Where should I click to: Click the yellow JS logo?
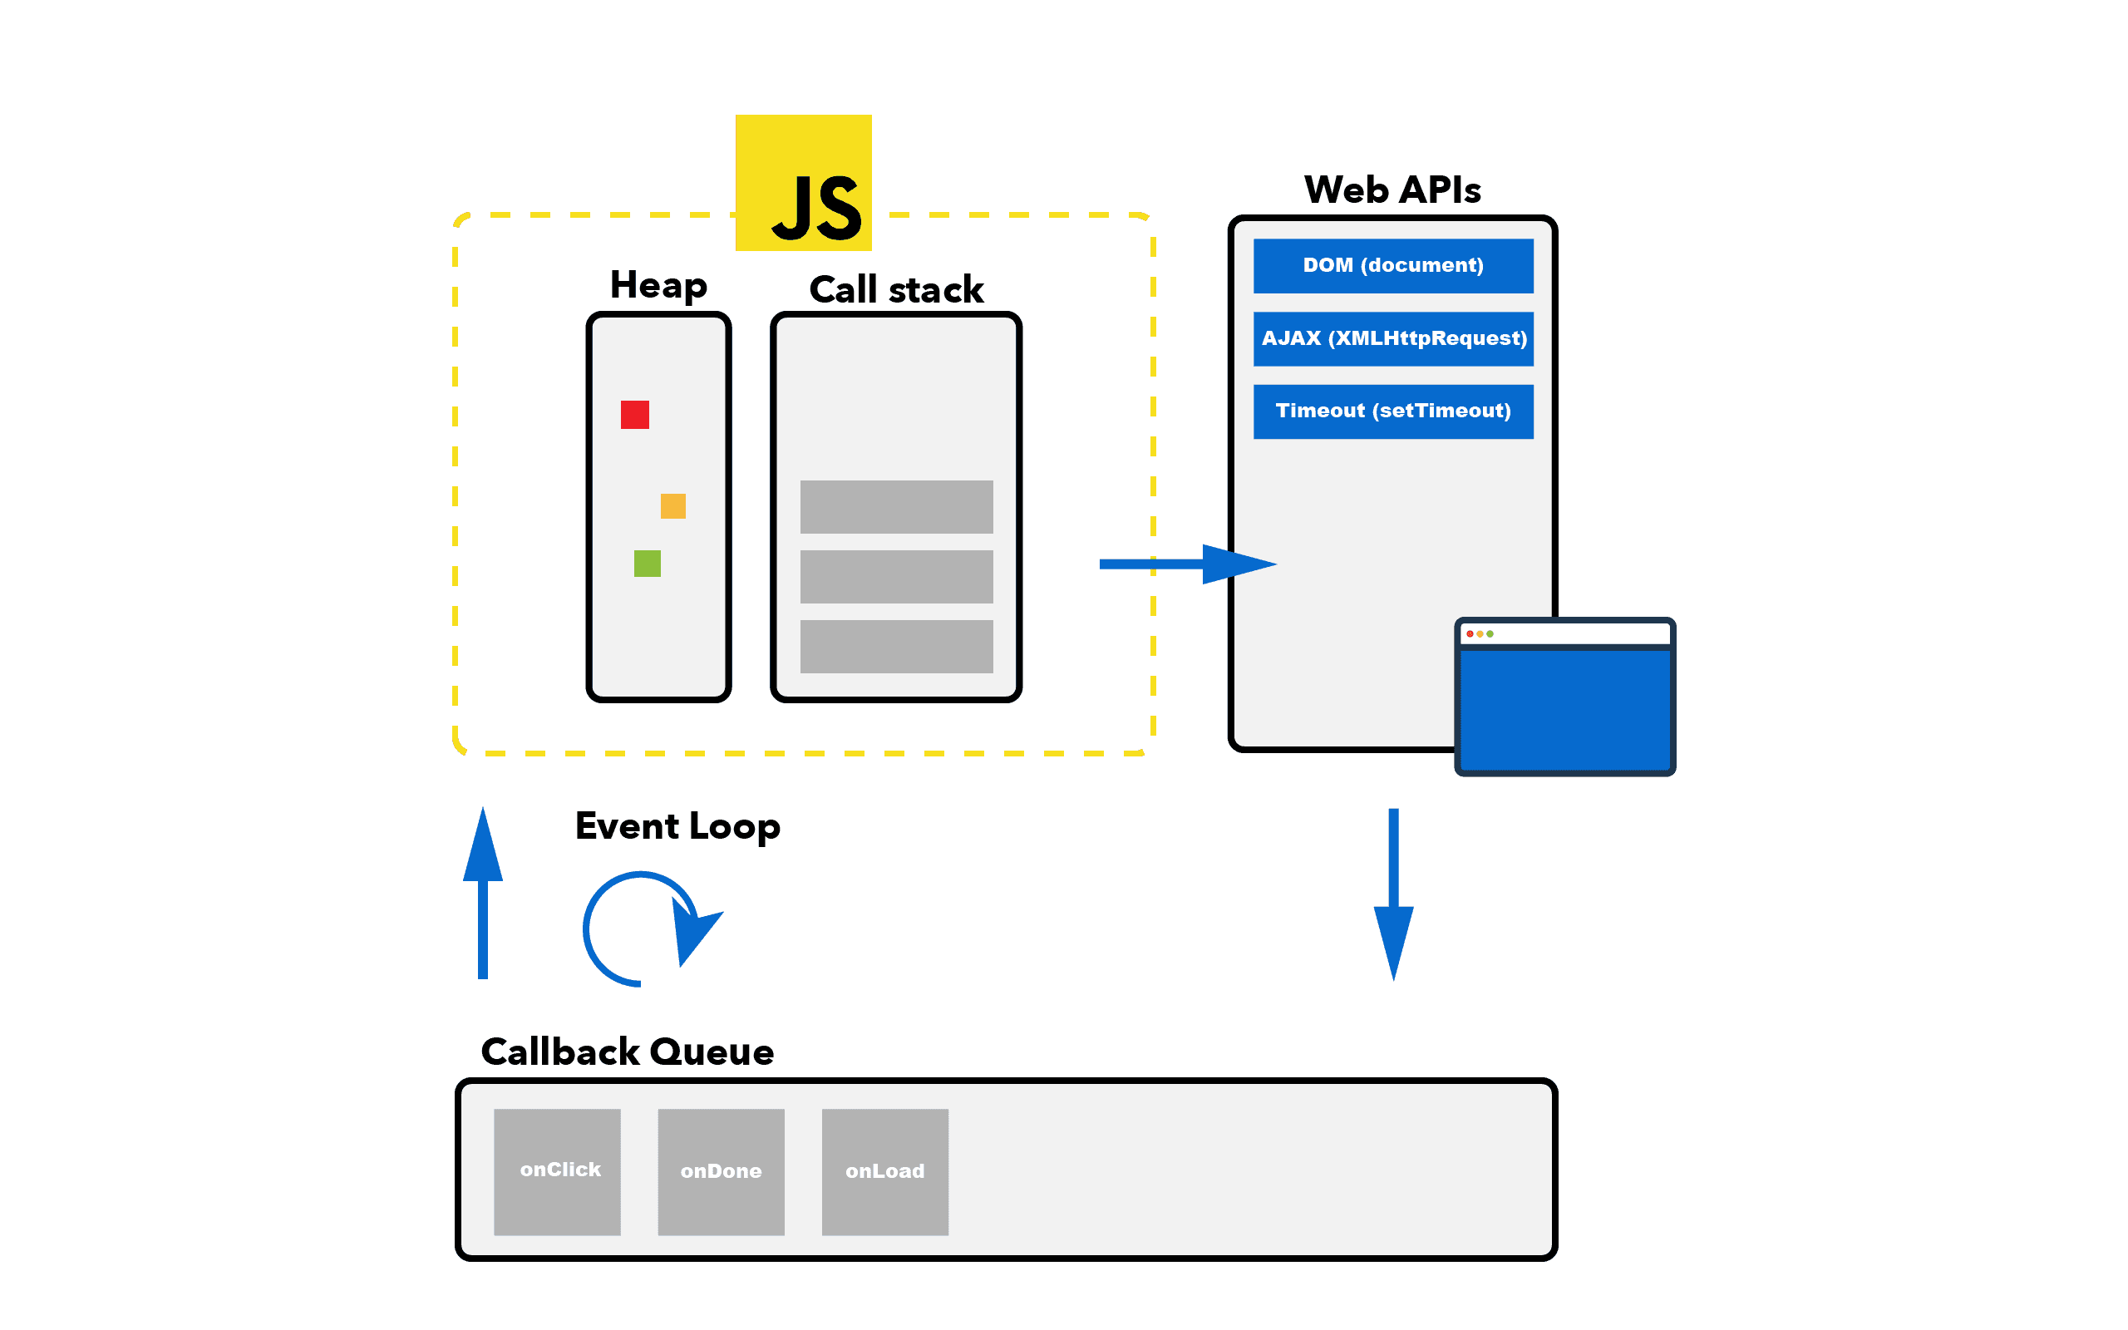[803, 183]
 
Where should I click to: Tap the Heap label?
[658, 287]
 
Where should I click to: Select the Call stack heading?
[896, 288]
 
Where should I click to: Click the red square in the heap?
[635, 414]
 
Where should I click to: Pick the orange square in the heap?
[672, 505]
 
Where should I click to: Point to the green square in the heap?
[648, 563]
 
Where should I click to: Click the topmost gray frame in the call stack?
[896, 507]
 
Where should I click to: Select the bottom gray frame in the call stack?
[896, 647]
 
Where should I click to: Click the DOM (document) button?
[1393, 266]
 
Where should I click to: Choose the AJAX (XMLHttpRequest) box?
[1393, 338]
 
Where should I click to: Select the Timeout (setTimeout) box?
[1393, 411]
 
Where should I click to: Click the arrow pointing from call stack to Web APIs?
[1187, 564]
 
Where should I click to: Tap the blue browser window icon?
[1564, 697]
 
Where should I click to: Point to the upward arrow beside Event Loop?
[483, 893]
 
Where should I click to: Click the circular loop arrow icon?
[647, 929]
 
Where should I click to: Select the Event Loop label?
[680, 826]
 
